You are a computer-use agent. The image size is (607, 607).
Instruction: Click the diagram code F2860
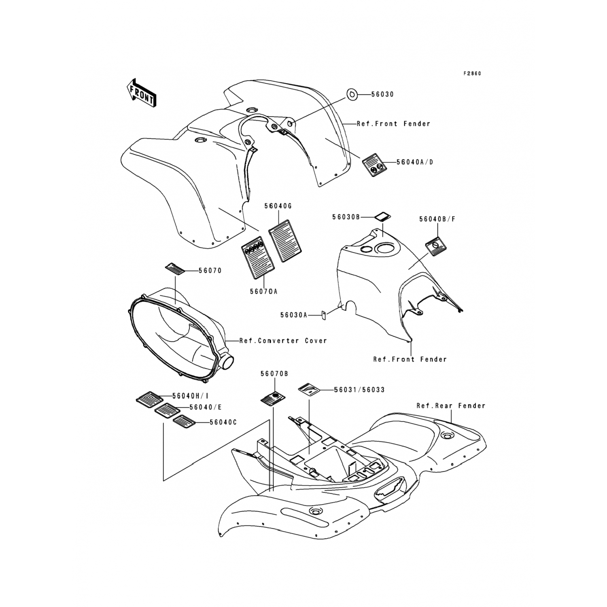tap(472, 74)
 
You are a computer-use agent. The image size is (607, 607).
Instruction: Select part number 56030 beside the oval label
tap(382, 94)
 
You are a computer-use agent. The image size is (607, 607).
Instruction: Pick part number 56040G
tap(278, 206)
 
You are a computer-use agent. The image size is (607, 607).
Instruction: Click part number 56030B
tap(346, 217)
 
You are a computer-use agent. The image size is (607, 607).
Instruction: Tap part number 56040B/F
tap(437, 219)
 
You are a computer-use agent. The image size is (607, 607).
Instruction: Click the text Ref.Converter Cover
tap(283, 341)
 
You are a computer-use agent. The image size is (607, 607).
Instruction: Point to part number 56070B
tap(274, 374)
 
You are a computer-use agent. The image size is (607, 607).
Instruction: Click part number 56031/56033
tap(359, 390)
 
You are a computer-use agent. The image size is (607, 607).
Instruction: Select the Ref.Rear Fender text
tap(451, 405)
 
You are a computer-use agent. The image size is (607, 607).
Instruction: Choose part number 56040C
tap(223, 422)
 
